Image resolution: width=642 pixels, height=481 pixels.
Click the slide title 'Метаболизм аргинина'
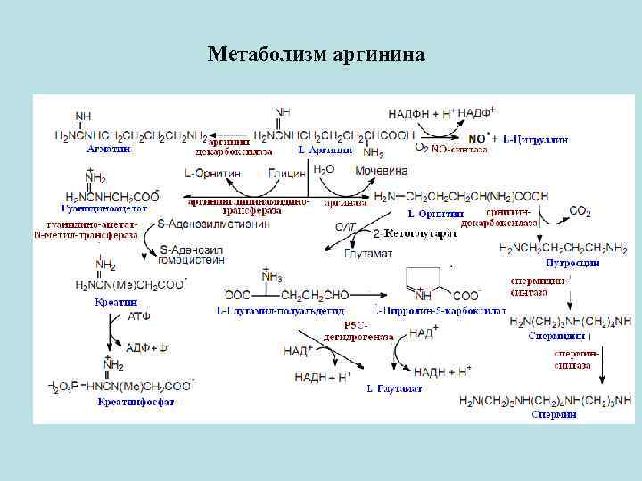pyautogui.click(x=317, y=55)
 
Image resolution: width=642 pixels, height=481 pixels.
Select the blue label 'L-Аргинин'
pyautogui.click(x=318, y=150)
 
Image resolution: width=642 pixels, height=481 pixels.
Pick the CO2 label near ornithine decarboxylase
pyautogui.click(x=580, y=211)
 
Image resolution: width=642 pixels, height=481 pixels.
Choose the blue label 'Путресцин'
pyautogui.click(x=572, y=263)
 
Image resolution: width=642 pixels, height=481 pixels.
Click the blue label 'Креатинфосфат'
pyautogui.click(x=136, y=402)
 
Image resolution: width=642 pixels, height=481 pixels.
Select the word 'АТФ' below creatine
pyautogui.click(x=139, y=316)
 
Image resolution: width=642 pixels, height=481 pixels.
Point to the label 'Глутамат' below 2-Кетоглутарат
pyautogui.click(x=368, y=254)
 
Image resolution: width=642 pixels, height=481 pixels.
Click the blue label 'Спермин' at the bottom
pyautogui.click(x=554, y=414)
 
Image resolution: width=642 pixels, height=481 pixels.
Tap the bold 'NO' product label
pyautogui.click(x=478, y=139)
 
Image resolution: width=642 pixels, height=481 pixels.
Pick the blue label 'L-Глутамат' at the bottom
pyautogui.click(x=394, y=388)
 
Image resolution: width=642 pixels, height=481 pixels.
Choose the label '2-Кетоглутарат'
pyautogui.click(x=414, y=233)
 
